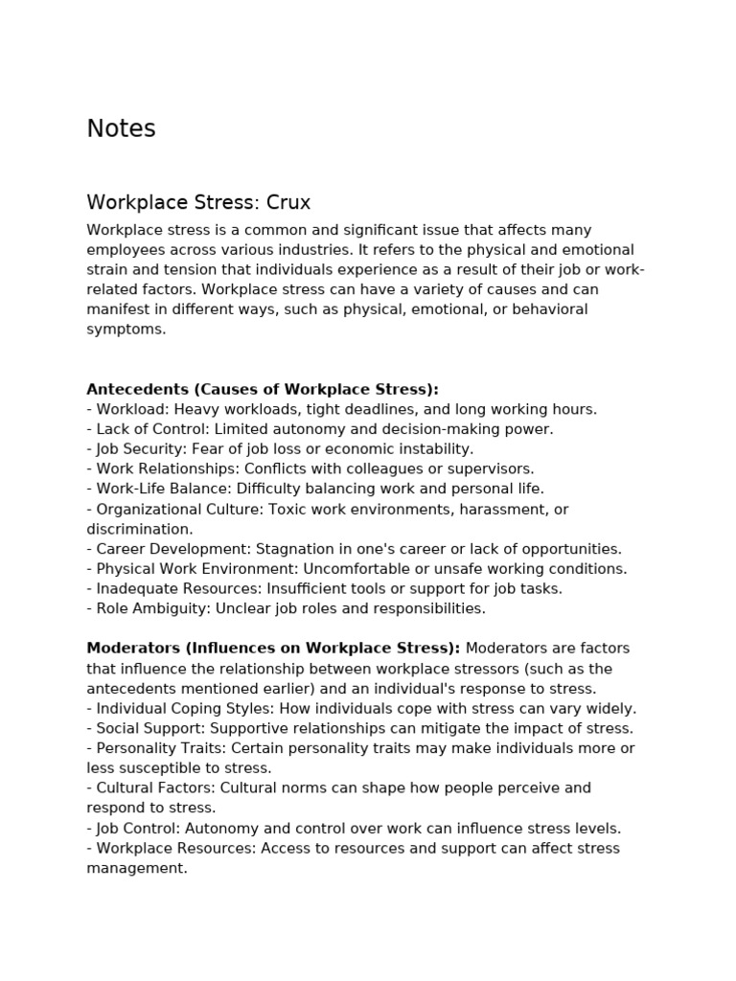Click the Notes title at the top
[121, 128]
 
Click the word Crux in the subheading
[288, 203]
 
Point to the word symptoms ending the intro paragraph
[126, 330]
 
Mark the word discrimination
[138, 529]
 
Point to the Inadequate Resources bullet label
[171, 588]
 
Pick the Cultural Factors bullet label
[154, 788]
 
